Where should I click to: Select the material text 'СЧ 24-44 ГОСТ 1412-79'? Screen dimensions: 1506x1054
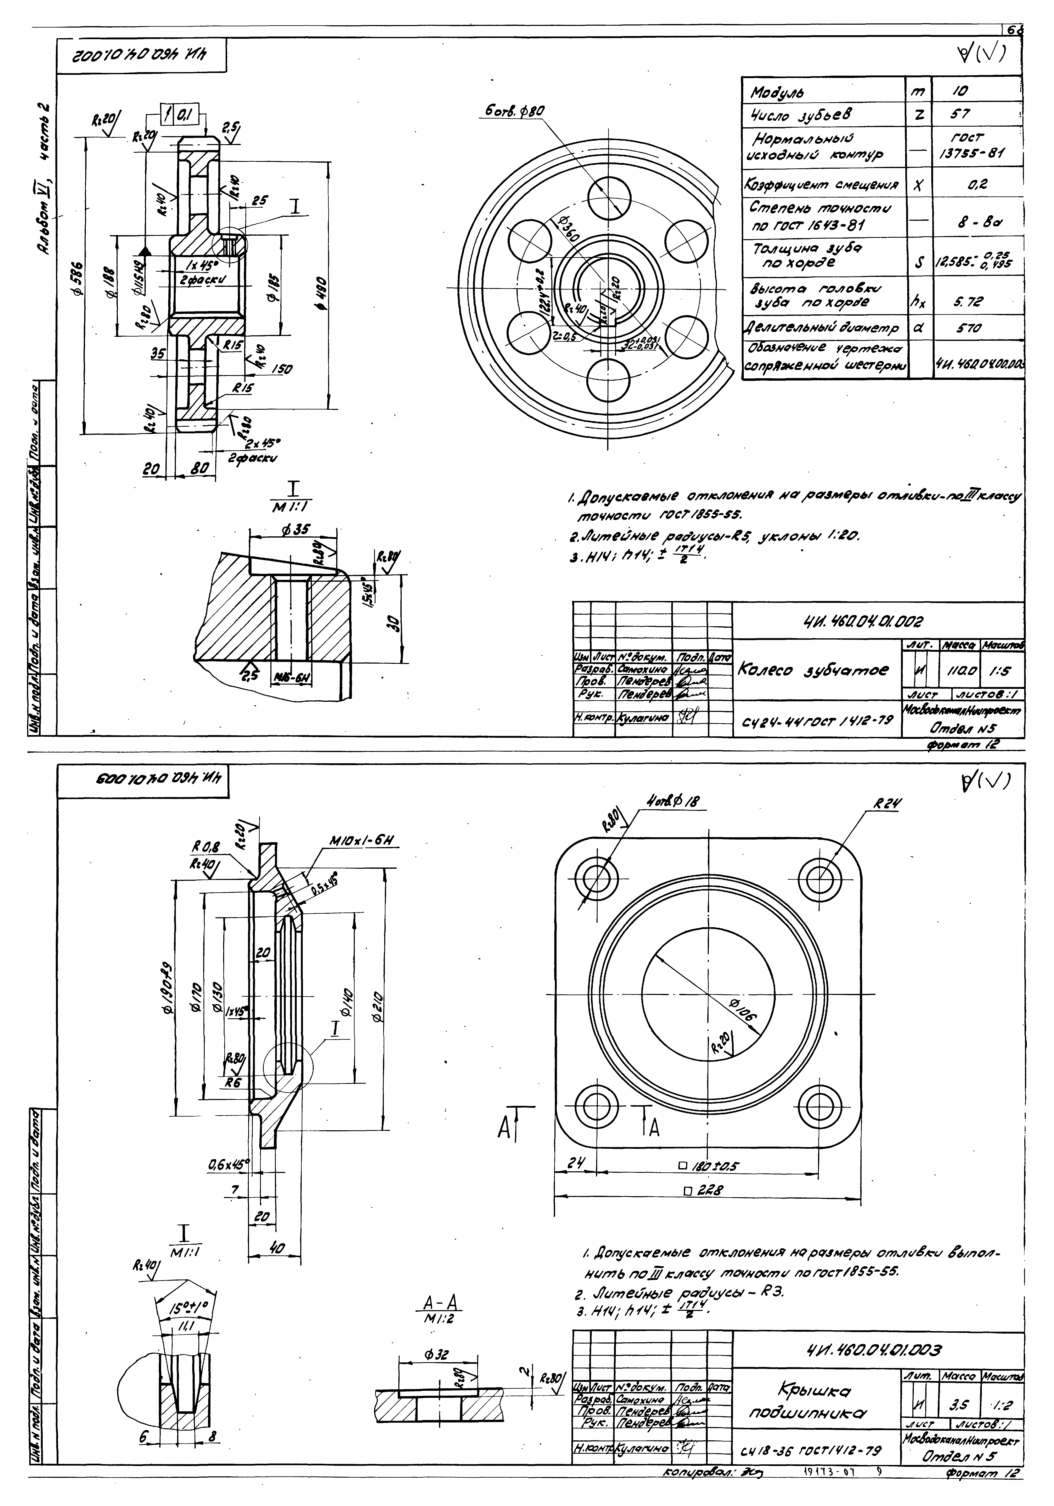(817, 722)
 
